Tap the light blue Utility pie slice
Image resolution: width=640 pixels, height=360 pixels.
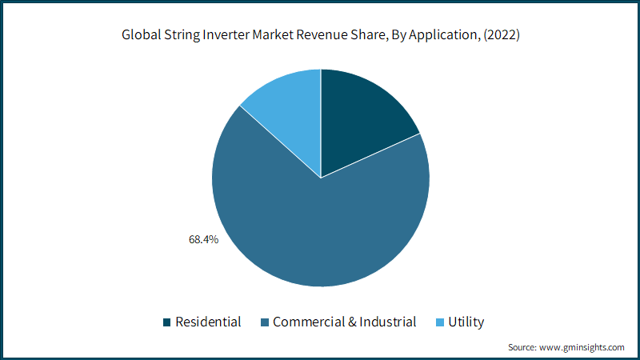tap(292, 110)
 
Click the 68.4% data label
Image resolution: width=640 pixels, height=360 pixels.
tap(203, 239)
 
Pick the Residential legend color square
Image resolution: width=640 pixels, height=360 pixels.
tap(166, 322)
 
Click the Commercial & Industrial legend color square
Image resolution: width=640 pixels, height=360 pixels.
tap(265, 322)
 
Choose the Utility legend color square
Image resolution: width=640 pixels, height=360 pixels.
tap(439, 322)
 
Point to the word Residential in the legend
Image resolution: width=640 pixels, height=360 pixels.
tap(208, 322)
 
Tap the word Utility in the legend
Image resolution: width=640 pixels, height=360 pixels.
tap(466, 322)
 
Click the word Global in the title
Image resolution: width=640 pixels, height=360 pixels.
tap(142, 34)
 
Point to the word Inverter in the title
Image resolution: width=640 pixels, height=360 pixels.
tap(226, 34)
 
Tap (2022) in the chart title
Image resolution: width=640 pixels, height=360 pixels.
tap(502, 35)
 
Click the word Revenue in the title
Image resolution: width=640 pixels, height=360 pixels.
tap(322, 34)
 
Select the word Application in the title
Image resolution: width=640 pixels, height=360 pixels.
tap(443, 35)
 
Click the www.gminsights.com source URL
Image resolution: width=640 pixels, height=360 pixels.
tap(582, 347)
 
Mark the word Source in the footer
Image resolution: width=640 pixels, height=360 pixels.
tap(522, 347)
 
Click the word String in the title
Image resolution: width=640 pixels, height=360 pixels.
tap(182, 35)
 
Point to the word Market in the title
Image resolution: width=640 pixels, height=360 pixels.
tap(273, 34)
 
